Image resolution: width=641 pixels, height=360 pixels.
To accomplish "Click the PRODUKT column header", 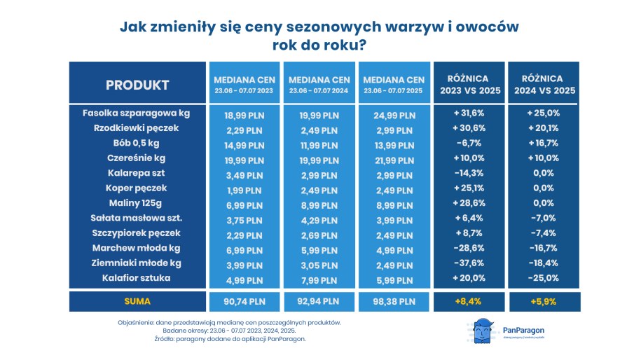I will click(x=137, y=85).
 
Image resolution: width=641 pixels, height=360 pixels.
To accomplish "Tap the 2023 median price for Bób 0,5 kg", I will click(x=243, y=143).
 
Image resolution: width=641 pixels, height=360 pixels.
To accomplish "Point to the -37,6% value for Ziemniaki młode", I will click(x=468, y=263).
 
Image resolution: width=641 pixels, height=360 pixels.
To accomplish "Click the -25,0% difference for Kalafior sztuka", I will click(x=542, y=278).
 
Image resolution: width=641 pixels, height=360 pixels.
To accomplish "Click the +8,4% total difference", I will click(x=468, y=302).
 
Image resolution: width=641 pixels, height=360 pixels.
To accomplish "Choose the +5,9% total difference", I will click(x=542, y=302).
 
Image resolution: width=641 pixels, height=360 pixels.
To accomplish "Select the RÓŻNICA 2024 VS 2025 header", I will click(x=542, y=85).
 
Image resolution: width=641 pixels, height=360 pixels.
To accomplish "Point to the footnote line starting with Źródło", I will click(x=230, y=339).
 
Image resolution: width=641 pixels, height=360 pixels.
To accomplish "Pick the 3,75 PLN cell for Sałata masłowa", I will click(x=243, y=218).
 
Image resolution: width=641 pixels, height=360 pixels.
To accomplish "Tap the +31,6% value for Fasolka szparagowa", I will click(x=468, y=113).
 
